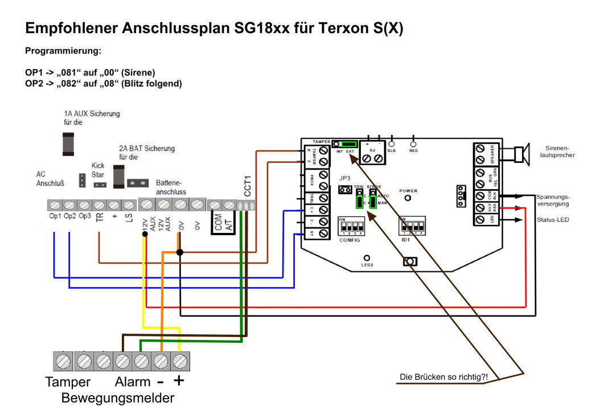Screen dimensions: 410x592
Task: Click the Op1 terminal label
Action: coord(55,217)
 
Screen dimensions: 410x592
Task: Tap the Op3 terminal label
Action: coord(84,217)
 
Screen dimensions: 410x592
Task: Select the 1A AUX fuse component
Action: coord(69,143)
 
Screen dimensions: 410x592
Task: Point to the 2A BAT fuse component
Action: coord(120,177)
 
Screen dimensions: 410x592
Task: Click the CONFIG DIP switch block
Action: coord(350,228)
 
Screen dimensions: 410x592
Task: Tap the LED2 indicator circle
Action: coord(367,258)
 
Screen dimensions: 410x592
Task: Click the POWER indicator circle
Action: coord(408,198)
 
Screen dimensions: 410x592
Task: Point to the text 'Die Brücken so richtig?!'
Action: coord(445,378)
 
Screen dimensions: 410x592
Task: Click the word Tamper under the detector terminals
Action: coord(68,382)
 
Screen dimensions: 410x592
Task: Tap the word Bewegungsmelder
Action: coord(118,397)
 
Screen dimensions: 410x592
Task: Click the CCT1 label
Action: coord(248,186)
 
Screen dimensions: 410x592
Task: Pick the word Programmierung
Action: coord(63,51)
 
